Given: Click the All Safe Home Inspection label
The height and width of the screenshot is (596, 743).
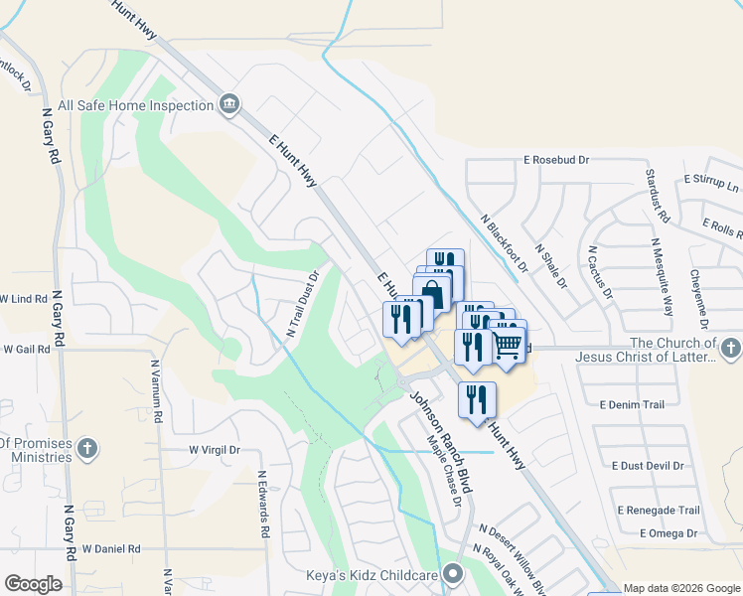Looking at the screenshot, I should click(136, 105).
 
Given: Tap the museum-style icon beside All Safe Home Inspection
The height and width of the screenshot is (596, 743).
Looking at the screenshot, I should click(229, 104).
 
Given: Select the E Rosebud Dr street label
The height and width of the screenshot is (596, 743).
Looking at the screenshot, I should click(556, 159).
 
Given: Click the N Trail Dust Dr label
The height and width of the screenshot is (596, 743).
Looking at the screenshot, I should click(303, 305).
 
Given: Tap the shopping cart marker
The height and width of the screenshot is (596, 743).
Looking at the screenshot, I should click(507, 346).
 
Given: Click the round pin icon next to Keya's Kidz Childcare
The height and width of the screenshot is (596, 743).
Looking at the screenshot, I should click(454, 574).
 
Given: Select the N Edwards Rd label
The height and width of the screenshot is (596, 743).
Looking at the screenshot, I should click(263, 505).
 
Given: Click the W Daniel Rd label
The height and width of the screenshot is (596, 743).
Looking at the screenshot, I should click(111, 548).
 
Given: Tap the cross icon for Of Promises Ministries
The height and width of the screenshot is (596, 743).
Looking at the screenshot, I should click(86, 447).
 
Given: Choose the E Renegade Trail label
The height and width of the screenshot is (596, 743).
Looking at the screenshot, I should click(659, 511).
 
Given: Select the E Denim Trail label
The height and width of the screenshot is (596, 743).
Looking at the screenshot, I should click(632, 404).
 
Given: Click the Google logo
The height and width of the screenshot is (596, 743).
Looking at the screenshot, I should click(33, 584).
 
